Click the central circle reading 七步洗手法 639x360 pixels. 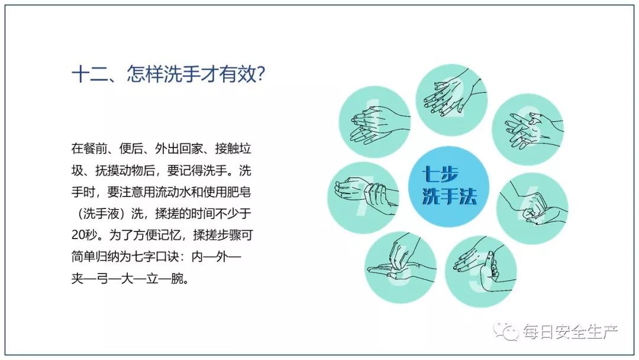coord(448,187)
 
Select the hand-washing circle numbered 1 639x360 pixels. coord(375,122)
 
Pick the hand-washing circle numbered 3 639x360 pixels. coord(528,129)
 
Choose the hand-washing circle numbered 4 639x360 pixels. coord(532,208)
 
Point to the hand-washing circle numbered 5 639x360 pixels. coord(481,272)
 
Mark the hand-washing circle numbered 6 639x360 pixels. coord(401,268)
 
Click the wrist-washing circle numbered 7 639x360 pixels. coord(363,198)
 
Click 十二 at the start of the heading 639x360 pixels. coord(90,75)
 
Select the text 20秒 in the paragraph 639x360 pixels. coord(85,235)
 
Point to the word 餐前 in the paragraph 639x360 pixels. coord(95,149)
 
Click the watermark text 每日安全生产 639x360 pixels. coord(570,332)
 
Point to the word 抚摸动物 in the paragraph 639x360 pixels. coord(120,171)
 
